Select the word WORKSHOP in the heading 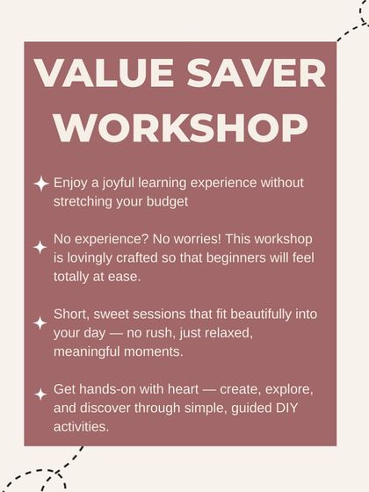pos(185,128)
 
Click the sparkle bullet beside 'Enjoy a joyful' pos(40,184)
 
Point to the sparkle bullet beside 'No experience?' pos(40,247)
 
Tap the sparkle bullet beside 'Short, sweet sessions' pos(40,322)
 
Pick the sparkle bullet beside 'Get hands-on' pos(40,394)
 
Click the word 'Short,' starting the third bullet pos(73,315)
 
